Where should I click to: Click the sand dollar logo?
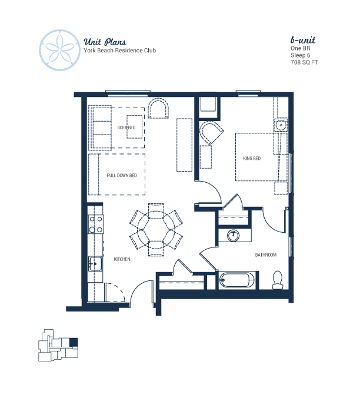(59, 50)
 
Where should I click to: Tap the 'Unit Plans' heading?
(105, 42)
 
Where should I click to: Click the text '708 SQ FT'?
(304, 62)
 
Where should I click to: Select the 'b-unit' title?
(303, 40)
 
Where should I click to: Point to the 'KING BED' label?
(252, 159)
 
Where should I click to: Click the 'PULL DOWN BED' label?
(122, 175)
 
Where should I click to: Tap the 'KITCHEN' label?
(122, 259)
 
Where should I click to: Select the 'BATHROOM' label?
(266, 255)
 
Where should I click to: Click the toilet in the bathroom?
(278, 280)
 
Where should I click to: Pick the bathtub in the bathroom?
(237, 280)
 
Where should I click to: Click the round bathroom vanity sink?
(234, 235)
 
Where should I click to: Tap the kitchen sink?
(95, 263)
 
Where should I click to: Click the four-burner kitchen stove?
(96, 224)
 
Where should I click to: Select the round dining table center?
(156, 230)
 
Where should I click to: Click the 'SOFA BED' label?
(126, 128)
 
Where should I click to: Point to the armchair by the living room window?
(158, 109)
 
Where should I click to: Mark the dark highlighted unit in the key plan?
(74, 342)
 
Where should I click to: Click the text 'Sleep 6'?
(300, 55)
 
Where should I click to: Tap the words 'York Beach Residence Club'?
(119, 51)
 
